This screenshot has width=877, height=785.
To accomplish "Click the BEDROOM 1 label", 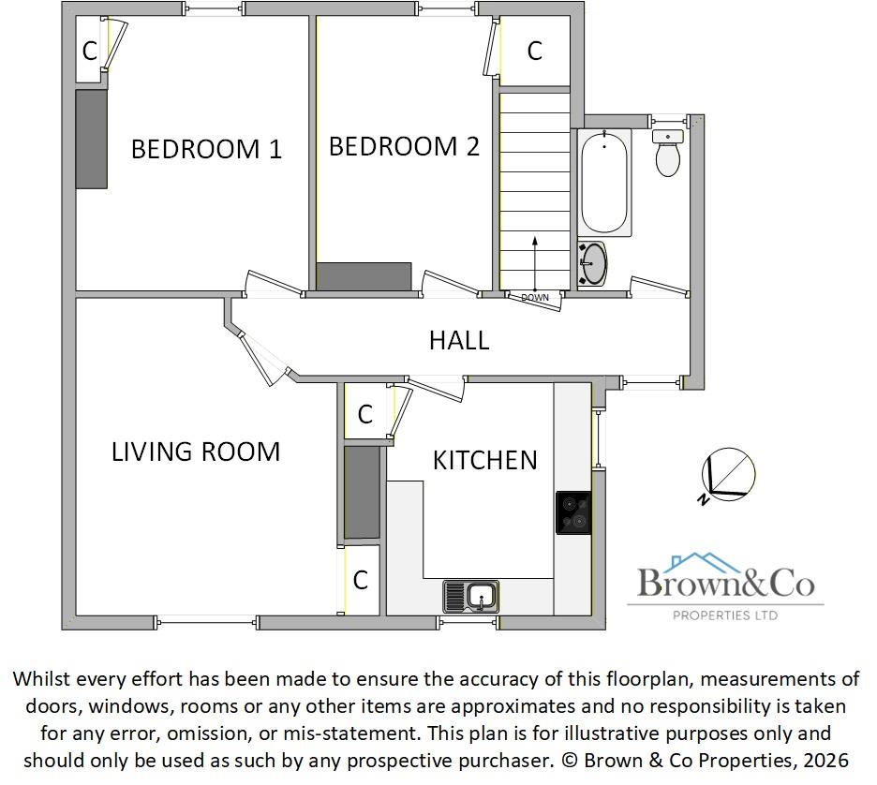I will (x=206, y=149).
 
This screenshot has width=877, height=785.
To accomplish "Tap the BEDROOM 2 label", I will (x=404, y=146).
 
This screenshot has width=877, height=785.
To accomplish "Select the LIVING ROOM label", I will (x=196, y=452).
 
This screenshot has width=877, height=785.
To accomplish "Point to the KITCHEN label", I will (x=484, y=460).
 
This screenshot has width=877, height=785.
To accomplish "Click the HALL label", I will (x=459, y=340).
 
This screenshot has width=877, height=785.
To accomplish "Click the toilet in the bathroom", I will (x=668, y=154).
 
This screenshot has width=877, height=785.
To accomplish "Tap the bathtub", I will (x=604, y=183).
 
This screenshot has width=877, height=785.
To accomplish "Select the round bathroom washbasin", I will (x=593, y=263).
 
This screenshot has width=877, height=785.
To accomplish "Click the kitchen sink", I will (x=471, y=595).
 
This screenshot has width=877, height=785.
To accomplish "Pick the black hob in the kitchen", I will (x=572, y=512).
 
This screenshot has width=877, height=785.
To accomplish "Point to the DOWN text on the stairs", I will (x=535, y=298).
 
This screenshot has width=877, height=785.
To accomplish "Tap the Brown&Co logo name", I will (x=725, y=584).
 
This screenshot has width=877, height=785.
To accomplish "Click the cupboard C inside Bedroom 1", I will (x=90, y=52).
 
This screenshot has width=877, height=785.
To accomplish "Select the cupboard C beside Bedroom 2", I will (x=534, y=51).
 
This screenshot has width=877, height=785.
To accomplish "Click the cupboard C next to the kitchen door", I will (x=365, y=413).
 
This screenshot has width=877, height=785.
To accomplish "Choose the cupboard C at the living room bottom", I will (x=361, y=581).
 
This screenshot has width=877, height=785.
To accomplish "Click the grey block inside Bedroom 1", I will (x=91, y=139).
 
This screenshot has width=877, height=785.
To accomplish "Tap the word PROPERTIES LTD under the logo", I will (x=725, y=615).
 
